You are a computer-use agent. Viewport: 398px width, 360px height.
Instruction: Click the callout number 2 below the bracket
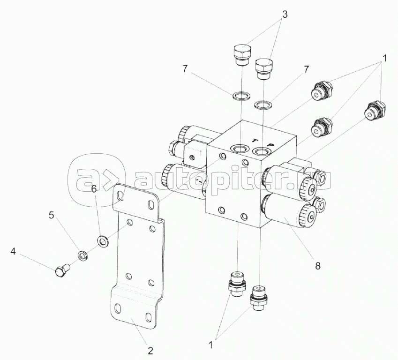[150, 351]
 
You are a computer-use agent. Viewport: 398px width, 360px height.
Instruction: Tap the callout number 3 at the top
[285, 15]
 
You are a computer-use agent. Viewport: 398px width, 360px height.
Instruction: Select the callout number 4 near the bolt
[13, 252]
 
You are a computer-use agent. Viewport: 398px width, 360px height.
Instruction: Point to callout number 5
[51, 215]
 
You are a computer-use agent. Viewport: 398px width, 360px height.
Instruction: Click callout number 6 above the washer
[94, 189]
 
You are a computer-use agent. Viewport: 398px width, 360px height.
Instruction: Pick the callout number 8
[318, 266]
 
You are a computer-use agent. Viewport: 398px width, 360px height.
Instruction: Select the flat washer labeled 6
[103, 240]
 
